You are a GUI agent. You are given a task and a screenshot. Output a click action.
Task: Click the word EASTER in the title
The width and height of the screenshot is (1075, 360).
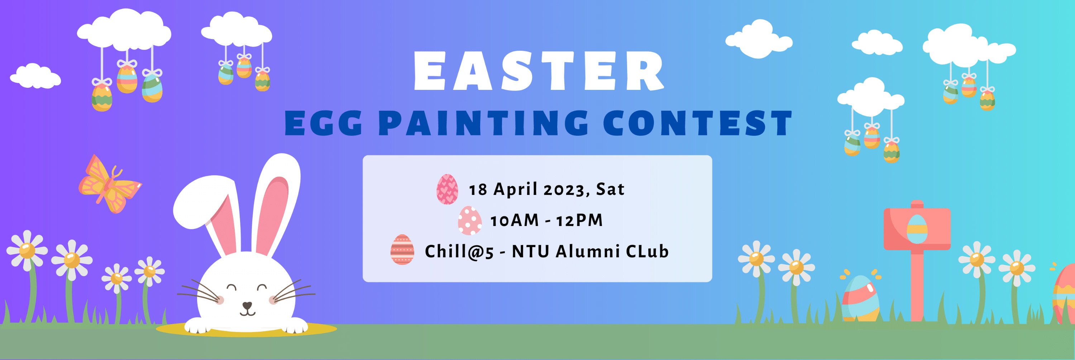click(538, 71)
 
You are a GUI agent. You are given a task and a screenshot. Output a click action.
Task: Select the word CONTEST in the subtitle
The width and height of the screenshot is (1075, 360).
click(697, 123)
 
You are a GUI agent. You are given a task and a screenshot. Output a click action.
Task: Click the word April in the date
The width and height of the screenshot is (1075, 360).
click(515, 189)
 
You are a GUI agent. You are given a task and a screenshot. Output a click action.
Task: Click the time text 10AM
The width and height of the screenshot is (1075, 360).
click(514, 220)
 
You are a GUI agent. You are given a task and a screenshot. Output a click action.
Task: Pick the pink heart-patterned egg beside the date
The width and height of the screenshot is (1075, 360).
click(447, 189)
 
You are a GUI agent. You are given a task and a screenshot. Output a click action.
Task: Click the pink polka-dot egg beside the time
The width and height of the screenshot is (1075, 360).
click(469, 220)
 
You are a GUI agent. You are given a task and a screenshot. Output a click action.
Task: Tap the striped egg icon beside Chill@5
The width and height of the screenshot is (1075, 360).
click(402, 249)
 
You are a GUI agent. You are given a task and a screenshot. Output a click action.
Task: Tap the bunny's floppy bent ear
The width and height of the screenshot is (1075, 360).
click(209, 208)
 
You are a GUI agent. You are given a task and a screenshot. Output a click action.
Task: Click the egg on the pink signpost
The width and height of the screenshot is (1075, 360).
click(917, 229)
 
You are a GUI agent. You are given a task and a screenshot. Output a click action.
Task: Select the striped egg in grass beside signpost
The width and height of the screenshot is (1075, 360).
click(860, 298)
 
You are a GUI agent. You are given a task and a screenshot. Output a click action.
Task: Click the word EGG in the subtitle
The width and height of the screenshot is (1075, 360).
click(324, 123)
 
